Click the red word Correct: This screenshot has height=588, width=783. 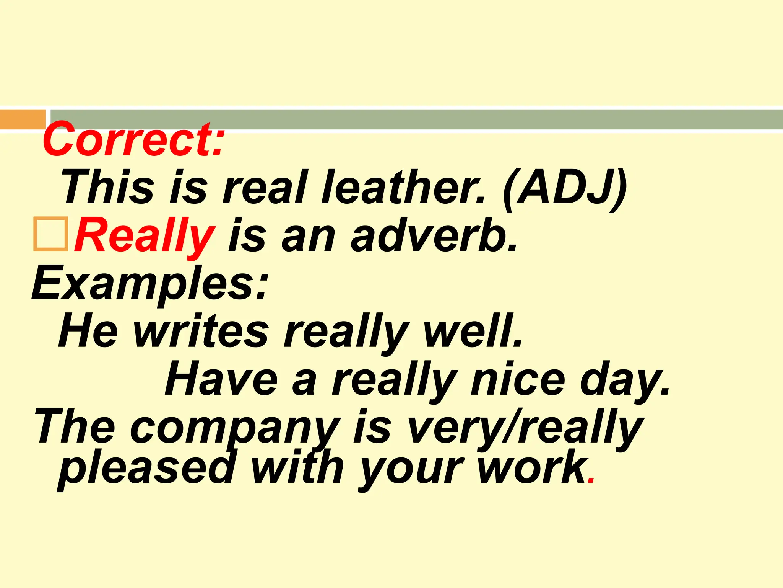coord(133,140)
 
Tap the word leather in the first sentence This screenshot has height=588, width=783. coord(403,188)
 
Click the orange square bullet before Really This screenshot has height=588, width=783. coord(50,234)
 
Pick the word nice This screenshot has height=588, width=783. coord(518,379)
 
